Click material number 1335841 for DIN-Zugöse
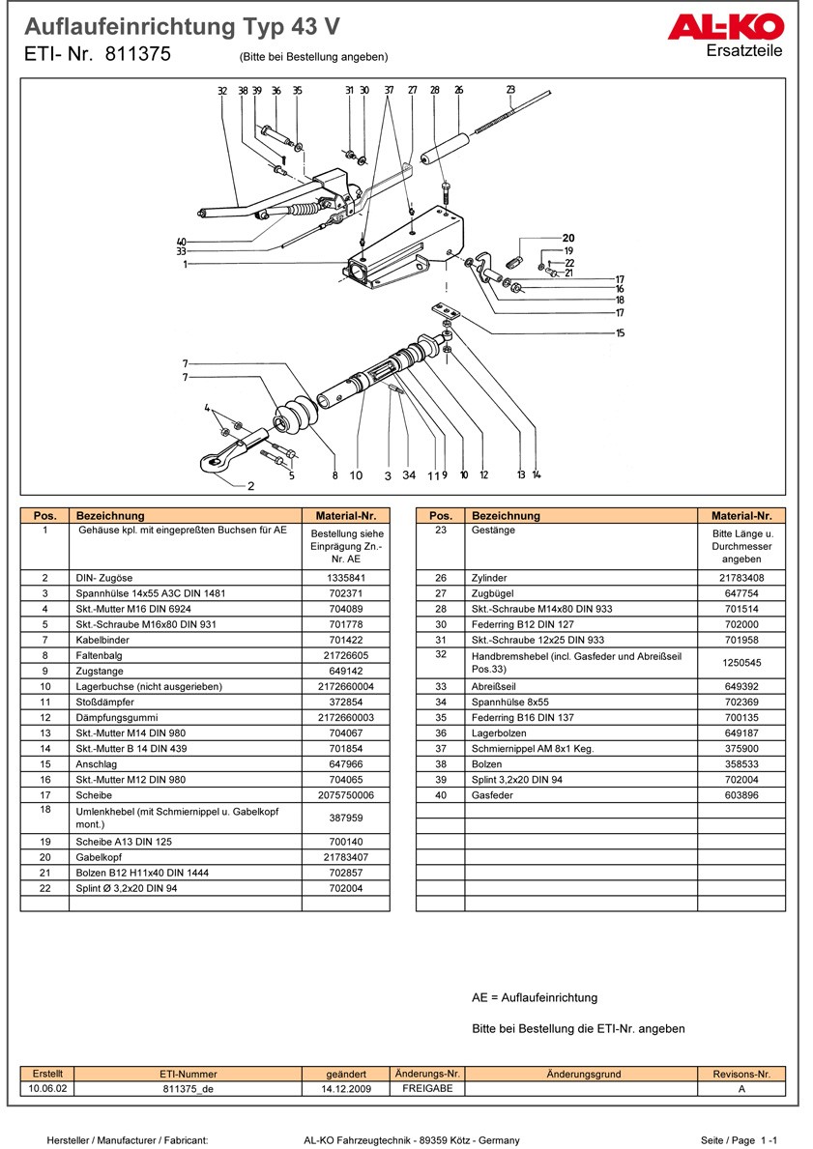[x=345, y=578]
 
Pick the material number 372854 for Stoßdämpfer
[x=345, y=702]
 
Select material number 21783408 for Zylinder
[x=741, y=578]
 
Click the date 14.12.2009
[x=346, y=1088]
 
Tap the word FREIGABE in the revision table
[x=427, y=1088]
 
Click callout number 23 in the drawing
[x=510, y=91]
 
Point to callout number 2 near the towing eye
[x=250, y=486]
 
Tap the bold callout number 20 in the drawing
[x=568, y=238]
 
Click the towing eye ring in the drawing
[x=212, y=463]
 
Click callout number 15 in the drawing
[x=620, y=333]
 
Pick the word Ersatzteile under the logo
[x=744, y=50]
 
